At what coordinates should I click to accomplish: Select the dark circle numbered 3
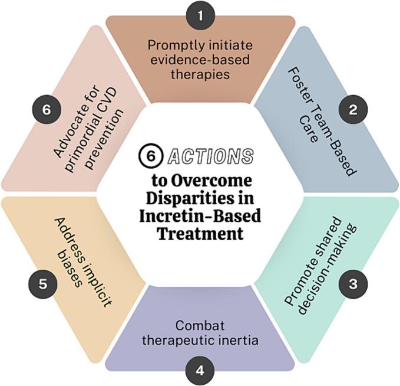tap(352, 283)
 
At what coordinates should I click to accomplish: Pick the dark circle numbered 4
tap(200, 371)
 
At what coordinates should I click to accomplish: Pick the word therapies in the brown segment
tap(200, 75)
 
